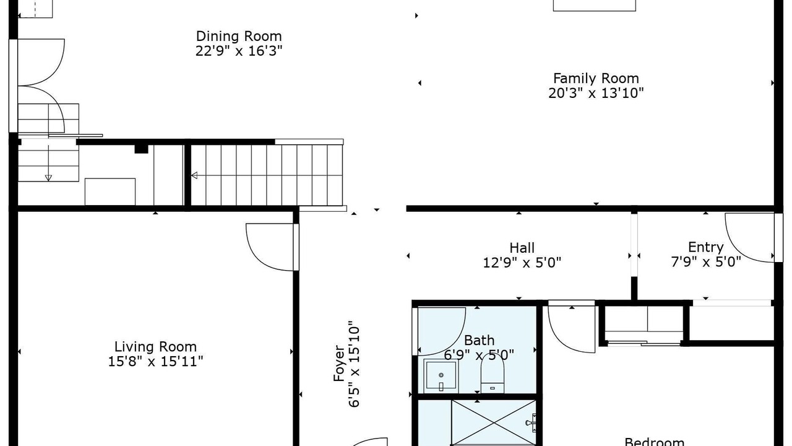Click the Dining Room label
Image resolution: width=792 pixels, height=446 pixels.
tap(239, 36)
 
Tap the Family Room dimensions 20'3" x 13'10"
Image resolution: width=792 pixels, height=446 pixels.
tap(596, 93)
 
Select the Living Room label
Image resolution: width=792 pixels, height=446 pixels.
tap(155, 346)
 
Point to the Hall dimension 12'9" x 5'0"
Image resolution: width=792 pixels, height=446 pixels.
tap(522, 263)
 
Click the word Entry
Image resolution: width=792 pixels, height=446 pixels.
tap(706, 247)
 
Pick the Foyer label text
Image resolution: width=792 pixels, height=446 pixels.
tap(338, 363)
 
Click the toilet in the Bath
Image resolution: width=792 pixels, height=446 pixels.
tap(492, 377)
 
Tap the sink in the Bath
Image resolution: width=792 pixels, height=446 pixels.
tap(441, 375)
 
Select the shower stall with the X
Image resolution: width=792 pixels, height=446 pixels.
tap(494, 422)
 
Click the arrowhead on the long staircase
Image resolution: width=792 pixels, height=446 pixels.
tap(194, 175)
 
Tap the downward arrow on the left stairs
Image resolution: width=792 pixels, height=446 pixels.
tap(48, 178)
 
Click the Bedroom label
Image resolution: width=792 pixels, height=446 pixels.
tap(655, 442)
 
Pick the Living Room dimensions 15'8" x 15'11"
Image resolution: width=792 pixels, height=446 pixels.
tap(155, 361)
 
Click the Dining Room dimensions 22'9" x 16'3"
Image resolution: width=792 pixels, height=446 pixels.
tap(239, 51)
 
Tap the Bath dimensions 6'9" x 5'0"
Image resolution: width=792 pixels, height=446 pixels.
tap(479, 355)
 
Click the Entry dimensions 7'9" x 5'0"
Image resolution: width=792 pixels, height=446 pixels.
tap(706, 262)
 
